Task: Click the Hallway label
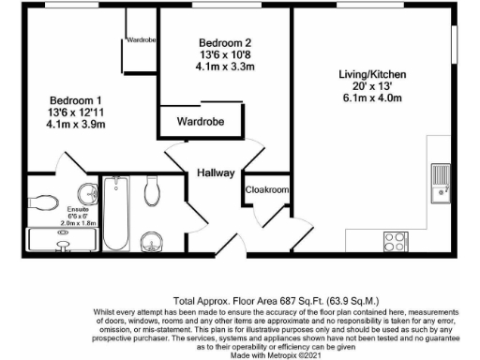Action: point(215,172)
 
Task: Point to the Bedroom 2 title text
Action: point(226,42)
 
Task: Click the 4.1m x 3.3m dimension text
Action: point(226,67)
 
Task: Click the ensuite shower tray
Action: point(60,241)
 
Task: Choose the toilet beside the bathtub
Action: point(156,192)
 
